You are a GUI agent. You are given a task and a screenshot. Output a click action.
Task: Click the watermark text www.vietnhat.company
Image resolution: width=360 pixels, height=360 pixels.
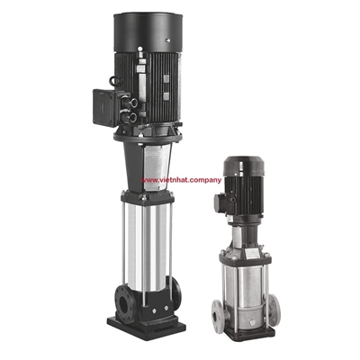coord(182,180)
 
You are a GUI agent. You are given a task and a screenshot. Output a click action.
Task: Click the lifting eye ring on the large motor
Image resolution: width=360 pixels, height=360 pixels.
coord(113,80)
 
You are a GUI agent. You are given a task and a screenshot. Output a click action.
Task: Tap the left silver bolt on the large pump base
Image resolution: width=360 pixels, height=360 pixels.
coord(154,311)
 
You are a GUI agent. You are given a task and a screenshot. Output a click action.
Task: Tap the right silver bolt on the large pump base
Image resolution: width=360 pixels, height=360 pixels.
coord(166,308)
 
